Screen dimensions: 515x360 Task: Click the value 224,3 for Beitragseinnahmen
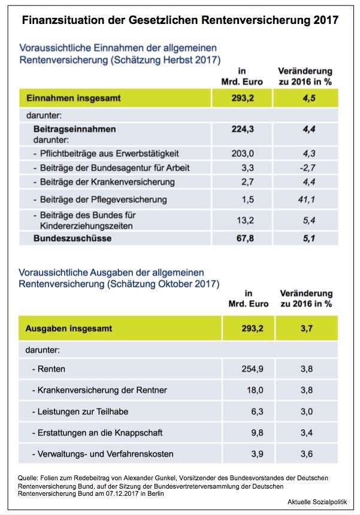coord(243,128)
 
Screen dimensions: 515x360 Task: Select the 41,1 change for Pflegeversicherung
coord(307,198)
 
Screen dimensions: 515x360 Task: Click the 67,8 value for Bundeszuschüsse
coord(243,238)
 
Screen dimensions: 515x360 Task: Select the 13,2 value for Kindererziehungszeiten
coord(243,219)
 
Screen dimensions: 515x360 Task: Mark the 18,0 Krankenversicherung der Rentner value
coord(247,390)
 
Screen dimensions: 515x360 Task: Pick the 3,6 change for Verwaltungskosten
coord(307,453)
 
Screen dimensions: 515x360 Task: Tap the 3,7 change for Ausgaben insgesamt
coord(307,328)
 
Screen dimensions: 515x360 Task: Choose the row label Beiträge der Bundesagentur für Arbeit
coord(114,167)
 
